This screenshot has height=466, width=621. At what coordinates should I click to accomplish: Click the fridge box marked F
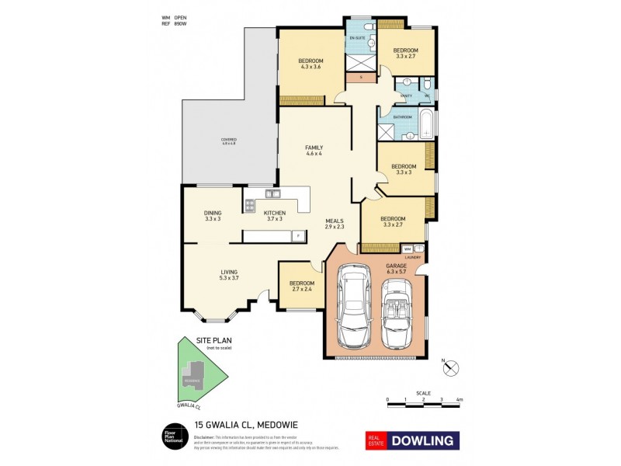click(x=296, y=235)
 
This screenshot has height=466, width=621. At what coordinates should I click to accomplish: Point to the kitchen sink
click(x=272, y=193)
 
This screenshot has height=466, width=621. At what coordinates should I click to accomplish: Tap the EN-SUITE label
click(x=358, y=37)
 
